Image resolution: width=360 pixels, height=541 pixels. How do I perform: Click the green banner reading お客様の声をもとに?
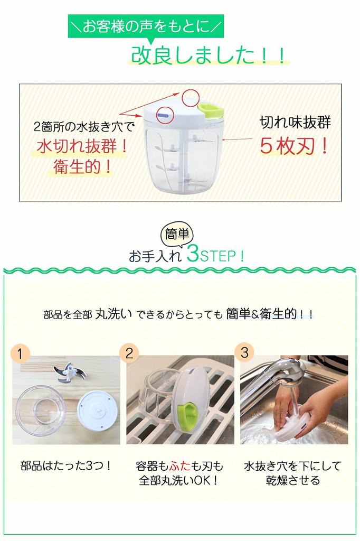(145, 25)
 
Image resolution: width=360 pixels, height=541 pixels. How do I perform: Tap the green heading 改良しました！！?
(208, 55)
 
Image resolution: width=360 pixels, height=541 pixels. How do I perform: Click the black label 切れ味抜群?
(295, 123)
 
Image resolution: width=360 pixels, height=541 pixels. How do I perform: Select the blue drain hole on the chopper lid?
(163, 113)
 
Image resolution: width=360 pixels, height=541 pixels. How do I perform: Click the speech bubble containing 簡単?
(177, 233)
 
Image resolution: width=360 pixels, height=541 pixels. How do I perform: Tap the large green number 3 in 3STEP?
(193, 255)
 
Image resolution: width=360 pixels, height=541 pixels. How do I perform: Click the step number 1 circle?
(20, 353)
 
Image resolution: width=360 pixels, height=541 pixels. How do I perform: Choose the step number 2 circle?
(129, 352)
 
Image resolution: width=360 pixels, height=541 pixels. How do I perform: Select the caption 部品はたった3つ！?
(66, 466)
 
